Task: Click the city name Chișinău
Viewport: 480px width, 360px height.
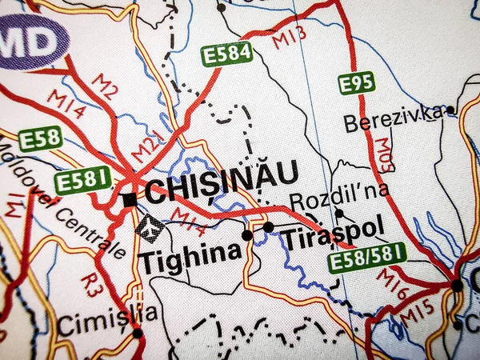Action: [x=222, y=188]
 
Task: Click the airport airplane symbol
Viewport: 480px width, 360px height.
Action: [x=150, y=228]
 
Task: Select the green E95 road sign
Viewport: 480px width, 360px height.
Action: [x=356, y=82]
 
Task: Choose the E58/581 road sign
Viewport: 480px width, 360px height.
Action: [x=368, y=258]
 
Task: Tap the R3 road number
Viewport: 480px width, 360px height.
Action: [x=94, y=285]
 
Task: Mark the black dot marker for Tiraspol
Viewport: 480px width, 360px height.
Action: [x=268, y=227]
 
